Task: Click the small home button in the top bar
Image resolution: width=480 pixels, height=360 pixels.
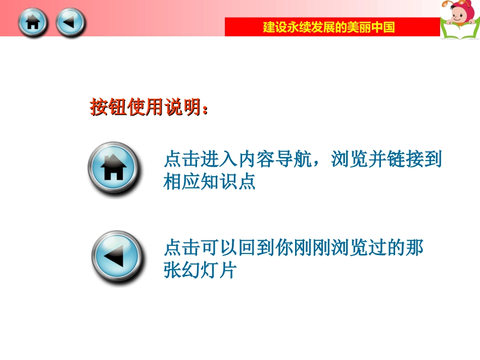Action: [32, 23]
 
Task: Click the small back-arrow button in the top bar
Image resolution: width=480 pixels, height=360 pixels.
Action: [70, 23]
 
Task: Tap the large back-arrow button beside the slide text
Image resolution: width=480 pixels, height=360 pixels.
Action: [116, 256]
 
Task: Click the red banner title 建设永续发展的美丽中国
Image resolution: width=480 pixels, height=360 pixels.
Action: [329, 27]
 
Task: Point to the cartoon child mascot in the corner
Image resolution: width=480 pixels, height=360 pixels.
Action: [457, 15]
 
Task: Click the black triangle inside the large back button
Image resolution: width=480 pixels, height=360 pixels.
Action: [115, 256]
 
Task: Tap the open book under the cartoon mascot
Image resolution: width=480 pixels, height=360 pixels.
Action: [459, 31]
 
